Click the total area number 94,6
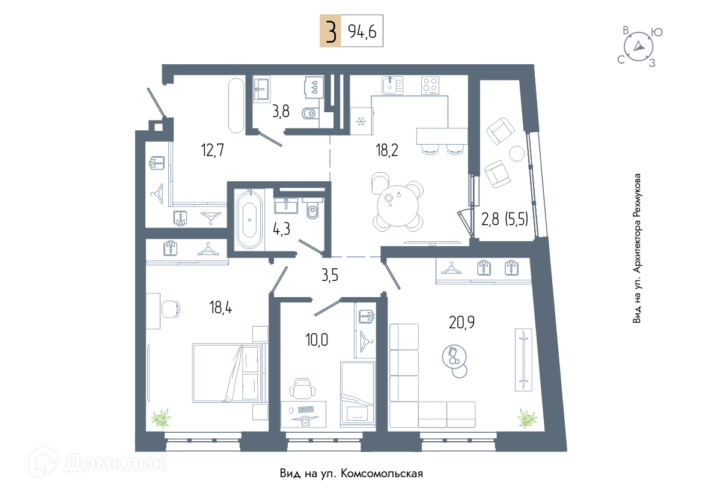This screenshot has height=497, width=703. click(x=362, y=31)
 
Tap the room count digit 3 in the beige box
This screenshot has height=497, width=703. click(x=330, y=31)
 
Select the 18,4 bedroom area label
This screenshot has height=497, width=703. click(x=221, y=307)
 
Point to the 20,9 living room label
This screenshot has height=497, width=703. click(x=462, y=322)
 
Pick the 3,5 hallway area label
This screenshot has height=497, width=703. click(x=330, y=275)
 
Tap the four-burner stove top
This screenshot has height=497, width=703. click(x=430, y=85)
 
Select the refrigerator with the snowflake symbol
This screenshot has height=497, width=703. click(x=361, y=121)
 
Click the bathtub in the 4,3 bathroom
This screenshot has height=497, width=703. click(x=249, y=220)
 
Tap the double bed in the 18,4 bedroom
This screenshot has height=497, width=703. click(x=227, y=373)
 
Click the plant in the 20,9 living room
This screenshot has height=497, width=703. click(x=528, y=418)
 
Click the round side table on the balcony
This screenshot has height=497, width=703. click(x=517, y=154)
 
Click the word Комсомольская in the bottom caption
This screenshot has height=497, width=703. click(x=382, y=473)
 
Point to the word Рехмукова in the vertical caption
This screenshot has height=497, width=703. click(x=637, y=196)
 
